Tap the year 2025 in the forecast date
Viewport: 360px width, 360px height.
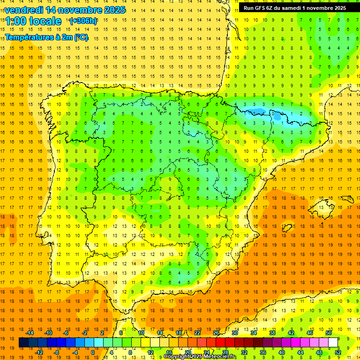[x=112, y=10]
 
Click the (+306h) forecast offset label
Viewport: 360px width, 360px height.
[x=83, y=21]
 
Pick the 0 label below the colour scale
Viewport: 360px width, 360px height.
[x=92, y=352]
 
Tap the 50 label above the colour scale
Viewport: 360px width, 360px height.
[x=328, y=333]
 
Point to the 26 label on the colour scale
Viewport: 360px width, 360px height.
[x=216, y=333]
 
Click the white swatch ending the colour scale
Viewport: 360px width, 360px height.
[x=333, y=343]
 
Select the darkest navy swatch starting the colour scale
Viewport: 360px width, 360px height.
[x=23, y=343]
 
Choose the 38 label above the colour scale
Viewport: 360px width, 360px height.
[x=272, y=333]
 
